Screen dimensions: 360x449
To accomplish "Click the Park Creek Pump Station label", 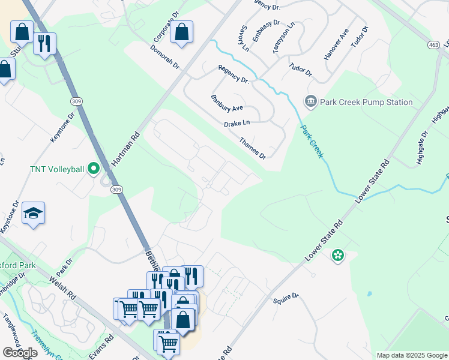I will pos(367,102).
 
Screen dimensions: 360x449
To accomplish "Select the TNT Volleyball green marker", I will pos(93,169).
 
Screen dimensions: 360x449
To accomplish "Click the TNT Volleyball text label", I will pos(56,169).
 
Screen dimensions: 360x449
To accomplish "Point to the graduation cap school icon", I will pos(33,213).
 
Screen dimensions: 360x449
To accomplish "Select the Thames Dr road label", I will pos(252,148).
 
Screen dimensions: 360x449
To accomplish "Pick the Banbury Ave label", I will pos(227,103).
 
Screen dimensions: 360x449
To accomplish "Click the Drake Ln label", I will pos(237,123).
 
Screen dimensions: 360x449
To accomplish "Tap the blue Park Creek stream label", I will pos(312,142).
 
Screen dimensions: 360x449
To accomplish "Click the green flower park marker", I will pos(338,256).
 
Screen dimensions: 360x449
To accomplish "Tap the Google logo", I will pos(20,353).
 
